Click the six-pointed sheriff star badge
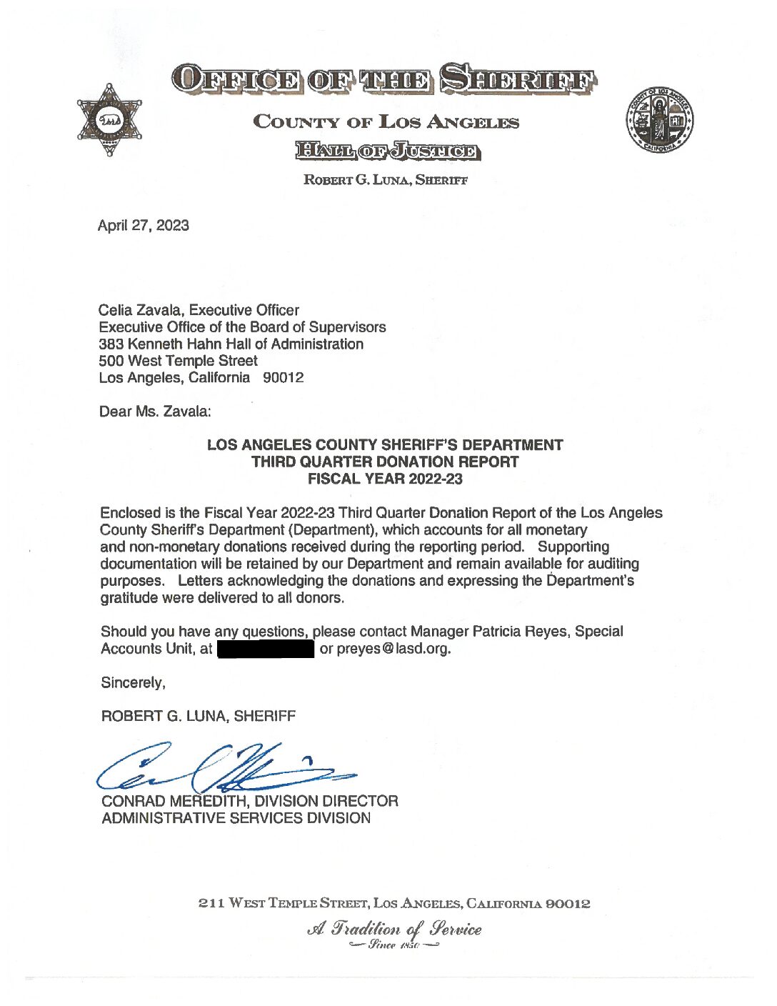pyautogui.click(x=109, y=120)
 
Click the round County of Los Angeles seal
pyautogui.click(x=659, y=120)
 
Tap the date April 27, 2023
pyautogui.click(x=144, y=226)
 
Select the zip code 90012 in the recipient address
pyautogui.click(x=284, y=378)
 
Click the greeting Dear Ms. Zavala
pyautogui.click(x=155, y=412)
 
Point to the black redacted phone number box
pyautogui.click(x=266, y=649)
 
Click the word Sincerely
pyautogui.click(x=133, y=683)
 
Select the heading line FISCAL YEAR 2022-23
pyautogui.click(x=385, y=479)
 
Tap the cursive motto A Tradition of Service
pyautogui.click(x=394, y=929)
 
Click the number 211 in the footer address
pyautogui.click(x=211, y=903)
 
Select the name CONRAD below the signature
pyautogui.click(x=133, y=802)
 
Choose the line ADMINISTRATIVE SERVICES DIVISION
pyautogui.click(x=236, y=819)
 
